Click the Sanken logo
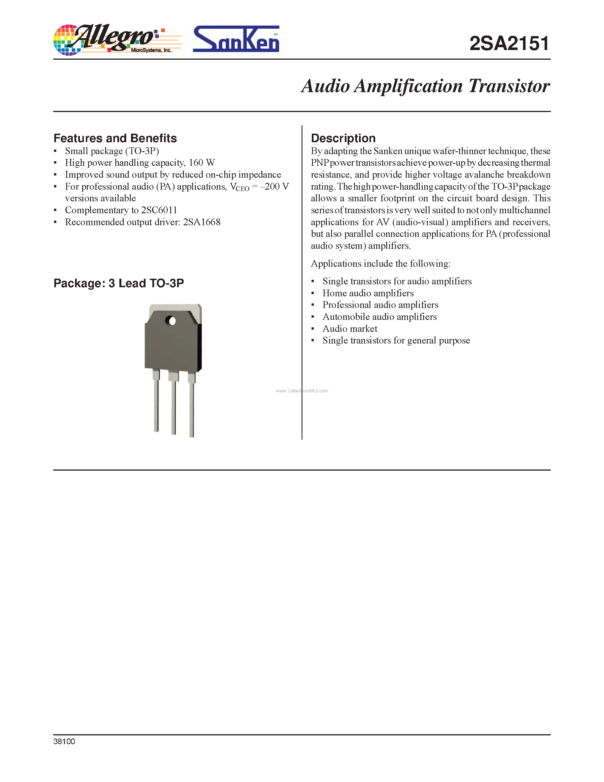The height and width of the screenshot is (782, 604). coord(236,40)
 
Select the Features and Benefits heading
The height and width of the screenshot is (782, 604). coord(115,138)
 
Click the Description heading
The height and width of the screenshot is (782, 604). coord(343,138)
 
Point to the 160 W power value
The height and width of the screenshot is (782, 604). coord(202,163)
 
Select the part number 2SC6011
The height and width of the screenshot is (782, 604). coord(159,210)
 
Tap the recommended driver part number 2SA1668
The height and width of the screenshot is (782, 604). coord(202,222)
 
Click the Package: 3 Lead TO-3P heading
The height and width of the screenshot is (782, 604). coord(119,283)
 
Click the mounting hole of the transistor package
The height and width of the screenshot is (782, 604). coord(172,321)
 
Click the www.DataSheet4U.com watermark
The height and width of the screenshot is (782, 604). coord(301,391)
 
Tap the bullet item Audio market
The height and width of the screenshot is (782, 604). coord(350,329)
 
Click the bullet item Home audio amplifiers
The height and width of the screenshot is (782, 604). coord(368,293)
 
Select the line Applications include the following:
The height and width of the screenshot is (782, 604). coord(380,264)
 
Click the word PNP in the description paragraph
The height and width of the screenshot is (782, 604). coord(319,163)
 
